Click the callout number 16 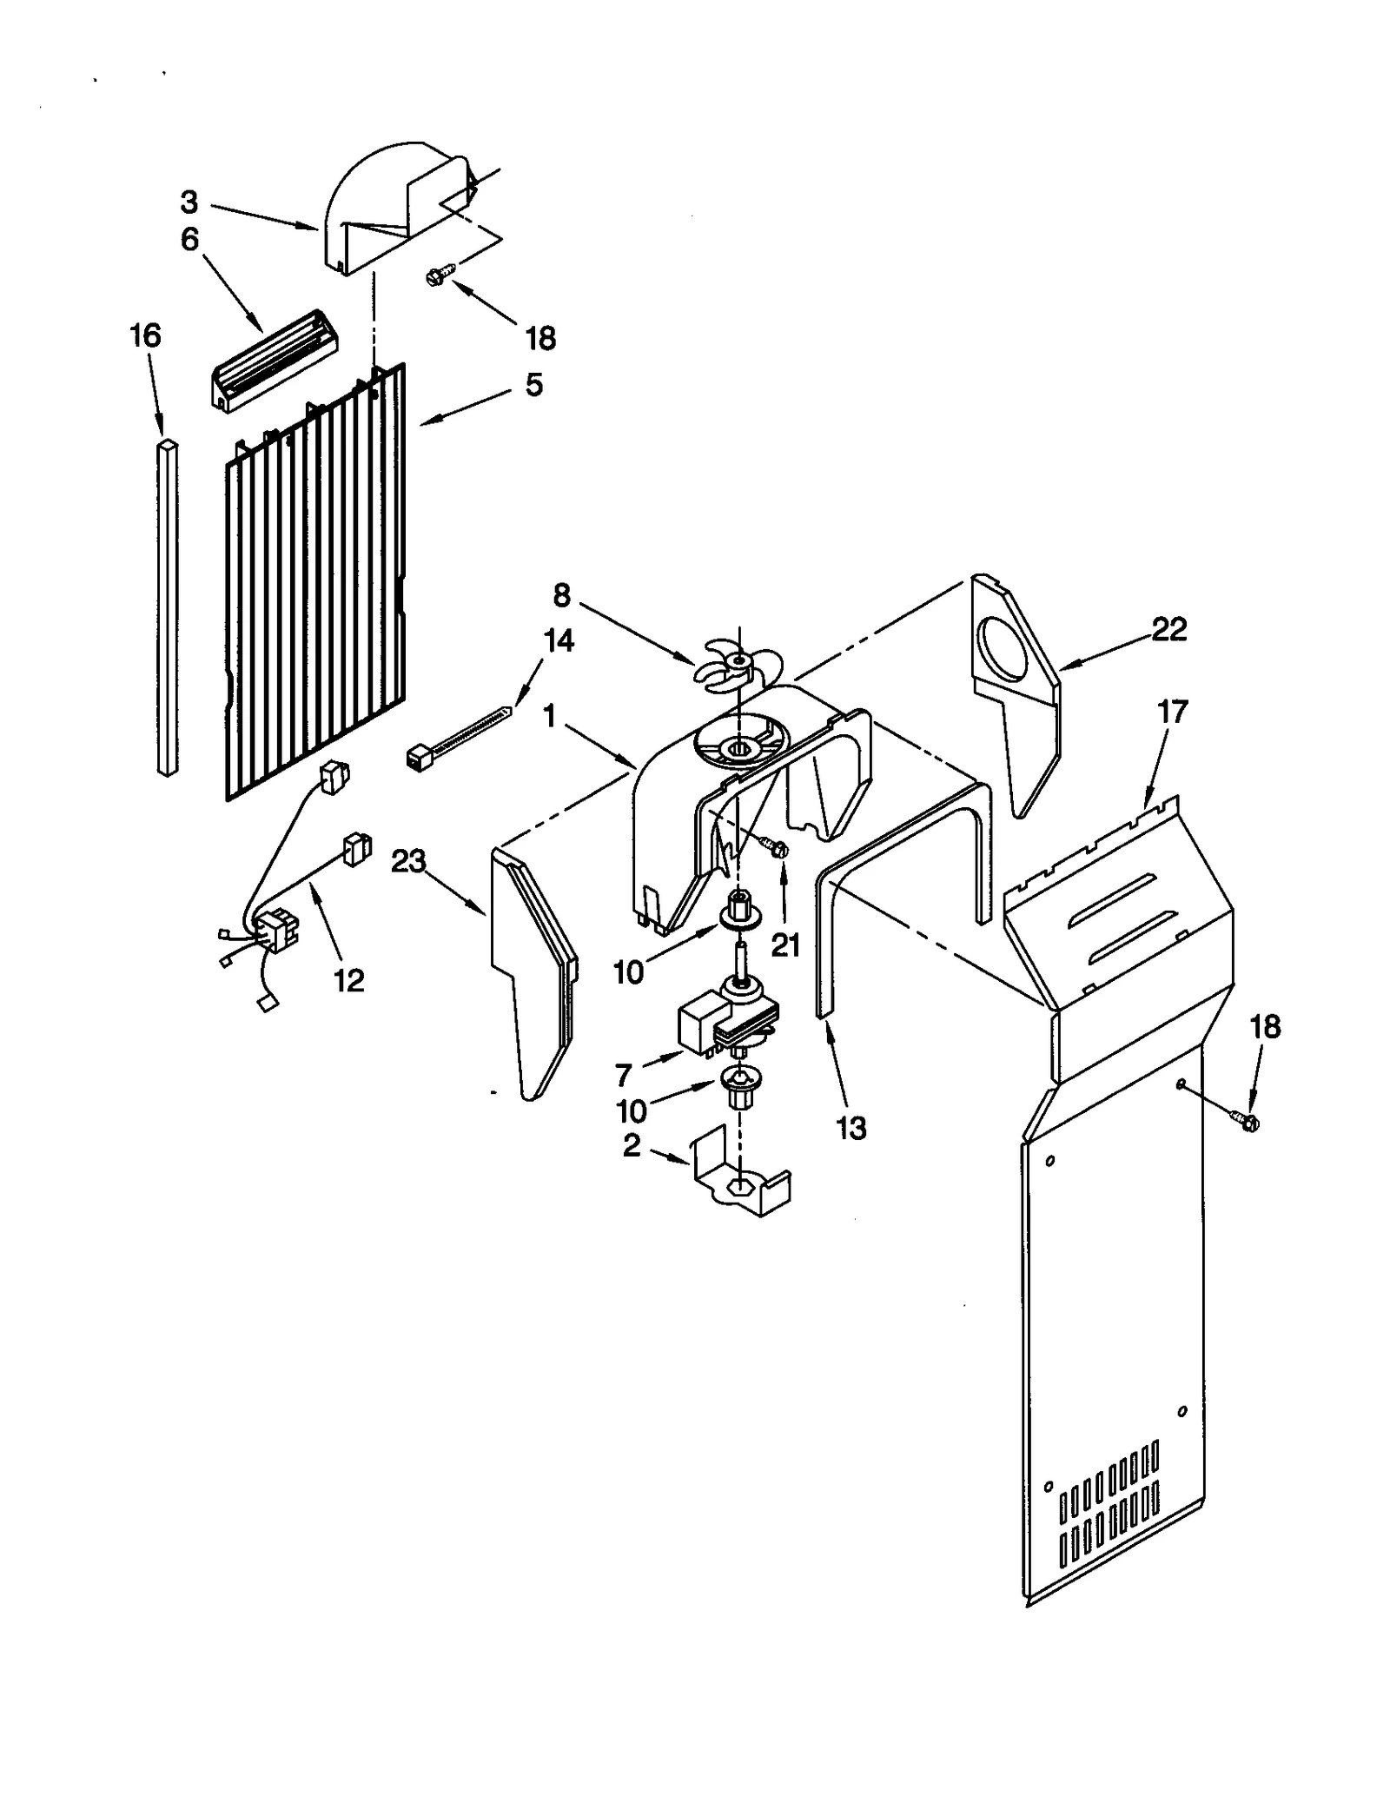145,335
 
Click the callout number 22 1168,629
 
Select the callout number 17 1172,713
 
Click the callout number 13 851,1128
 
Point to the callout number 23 408,862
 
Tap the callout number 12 348,980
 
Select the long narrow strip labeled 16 168,608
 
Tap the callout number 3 189,202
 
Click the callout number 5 533,384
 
